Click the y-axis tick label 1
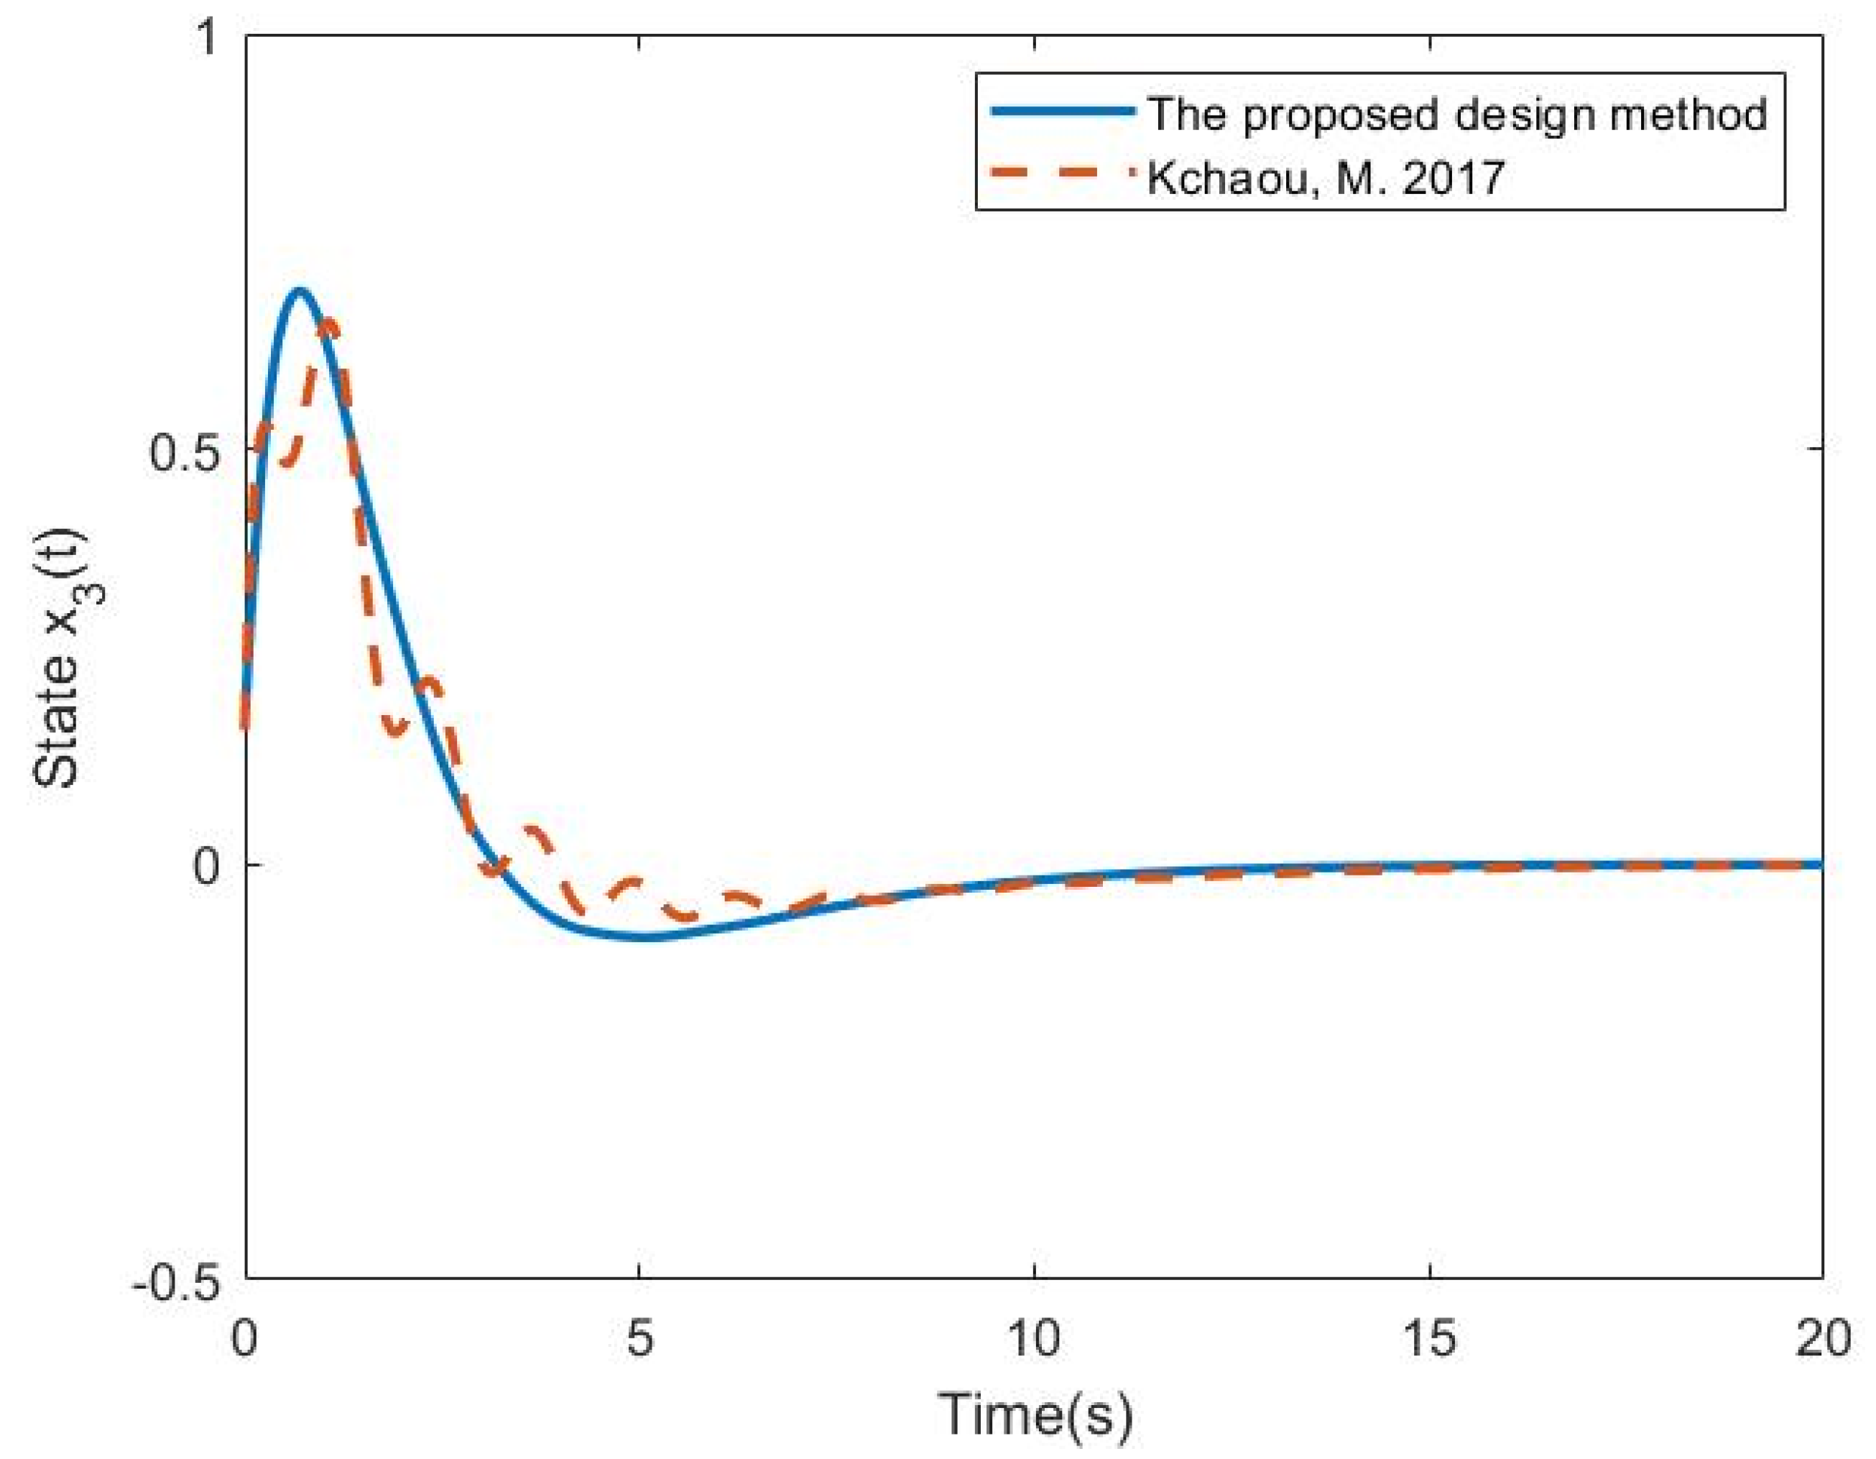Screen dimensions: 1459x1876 (x=206, y=40)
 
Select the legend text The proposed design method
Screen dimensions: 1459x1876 (x=1458, y=115)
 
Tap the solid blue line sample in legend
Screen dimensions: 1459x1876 (x=1062, y=111)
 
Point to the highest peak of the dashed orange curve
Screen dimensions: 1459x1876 (x=327, y=322)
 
